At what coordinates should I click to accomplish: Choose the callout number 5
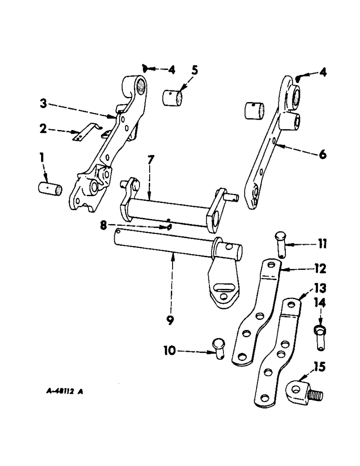[x=194, y=71]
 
